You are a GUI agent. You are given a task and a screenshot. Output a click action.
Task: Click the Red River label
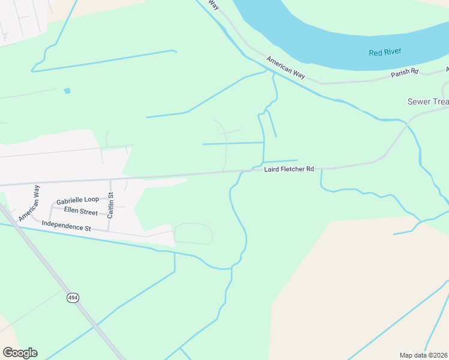(385, 53)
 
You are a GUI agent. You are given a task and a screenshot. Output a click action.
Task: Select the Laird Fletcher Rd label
(289, 170)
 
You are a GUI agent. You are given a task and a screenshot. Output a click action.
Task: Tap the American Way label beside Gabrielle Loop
(29, 203)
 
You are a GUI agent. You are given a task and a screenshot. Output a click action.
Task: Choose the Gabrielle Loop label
(77, 200)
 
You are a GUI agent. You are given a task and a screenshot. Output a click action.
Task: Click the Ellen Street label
(80, 212)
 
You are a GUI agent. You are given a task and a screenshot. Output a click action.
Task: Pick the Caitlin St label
(110, 204)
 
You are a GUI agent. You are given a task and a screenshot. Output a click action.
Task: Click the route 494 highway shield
(73, 298)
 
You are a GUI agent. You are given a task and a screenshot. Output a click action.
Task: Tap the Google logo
(20, 353)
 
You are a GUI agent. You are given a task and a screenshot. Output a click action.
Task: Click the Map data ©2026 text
(424, 355)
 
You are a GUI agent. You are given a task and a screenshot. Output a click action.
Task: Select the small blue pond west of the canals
(67, 91)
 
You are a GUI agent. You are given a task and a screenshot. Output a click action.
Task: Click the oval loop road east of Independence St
(193, 233)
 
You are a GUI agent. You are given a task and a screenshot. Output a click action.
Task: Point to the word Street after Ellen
(88, 212)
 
